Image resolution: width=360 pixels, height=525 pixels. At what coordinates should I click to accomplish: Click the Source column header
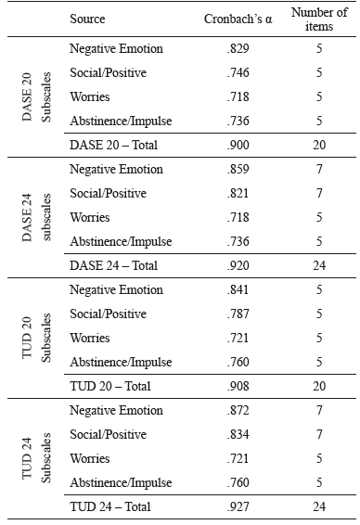click(x=87, y=19)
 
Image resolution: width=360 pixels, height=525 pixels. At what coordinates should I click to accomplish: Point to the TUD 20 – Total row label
click(x=110, y=386)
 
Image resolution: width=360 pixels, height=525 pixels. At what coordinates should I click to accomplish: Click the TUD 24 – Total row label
click(x=110, y=506)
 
